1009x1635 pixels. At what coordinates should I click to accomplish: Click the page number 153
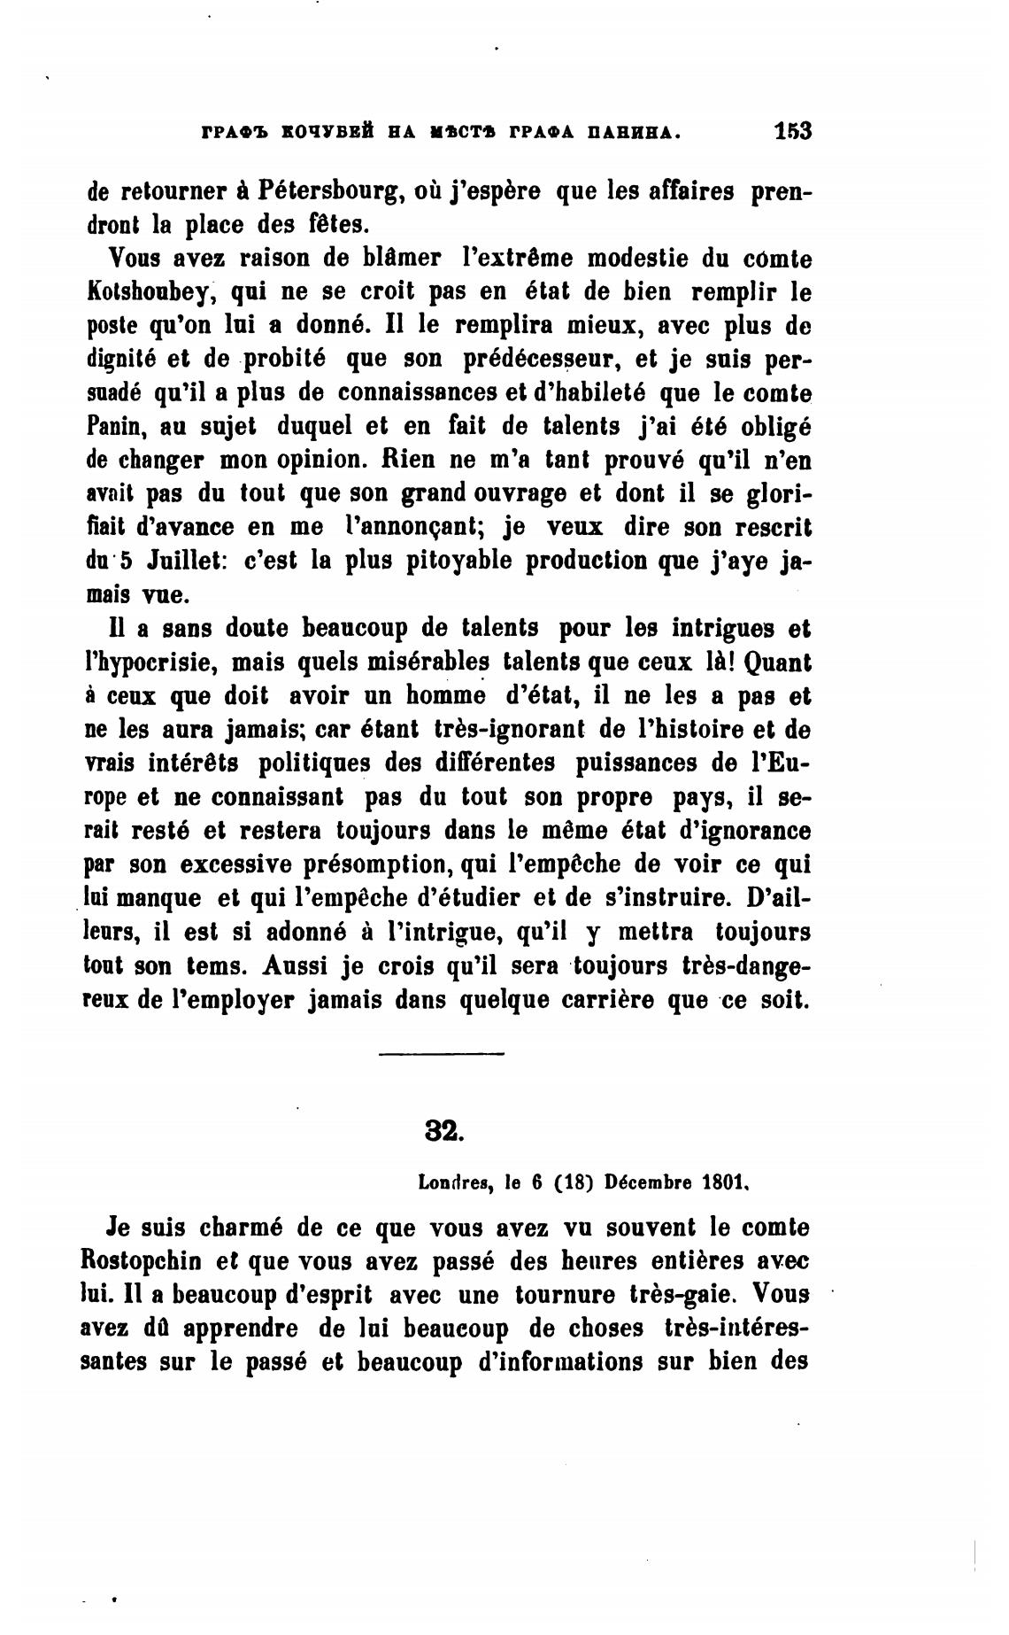pyautogui.click(x=792, y=131)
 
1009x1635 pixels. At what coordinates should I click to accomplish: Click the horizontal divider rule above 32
pyautogui.click(x=441, y=1053)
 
